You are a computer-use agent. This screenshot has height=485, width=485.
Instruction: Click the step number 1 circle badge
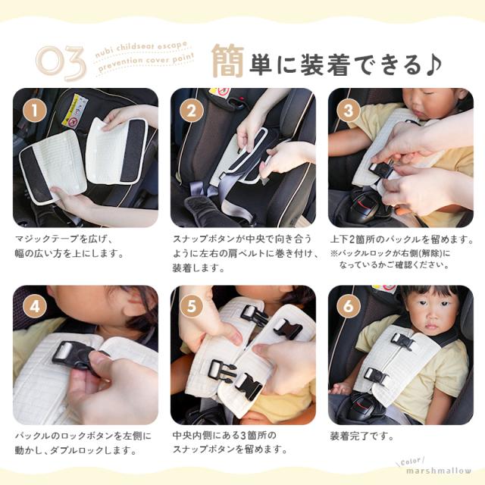point(35,111)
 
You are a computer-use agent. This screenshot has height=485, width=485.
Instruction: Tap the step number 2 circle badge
point(192,111)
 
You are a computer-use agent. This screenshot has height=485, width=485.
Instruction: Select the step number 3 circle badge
point(349,111)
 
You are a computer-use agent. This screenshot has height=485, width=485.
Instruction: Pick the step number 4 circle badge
point(35,306)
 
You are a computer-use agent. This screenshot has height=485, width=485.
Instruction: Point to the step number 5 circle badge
point(192,306)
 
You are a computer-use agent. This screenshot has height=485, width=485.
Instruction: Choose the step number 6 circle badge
point(349,306)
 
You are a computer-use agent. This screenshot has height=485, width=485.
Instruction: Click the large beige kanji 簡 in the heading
point(228,61)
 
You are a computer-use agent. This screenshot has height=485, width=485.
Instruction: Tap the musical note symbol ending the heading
point(433,65)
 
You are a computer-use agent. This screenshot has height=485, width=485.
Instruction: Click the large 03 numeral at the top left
point(61,63)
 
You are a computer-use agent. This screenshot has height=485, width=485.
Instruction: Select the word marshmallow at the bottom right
point(439,471)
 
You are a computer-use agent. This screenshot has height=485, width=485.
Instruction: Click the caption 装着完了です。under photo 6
point(362,436)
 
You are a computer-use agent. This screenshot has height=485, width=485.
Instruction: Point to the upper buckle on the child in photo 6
point(402,341)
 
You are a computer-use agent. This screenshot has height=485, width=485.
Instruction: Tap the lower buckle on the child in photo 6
point(376,377)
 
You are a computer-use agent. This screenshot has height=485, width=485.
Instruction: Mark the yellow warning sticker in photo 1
point(74,111)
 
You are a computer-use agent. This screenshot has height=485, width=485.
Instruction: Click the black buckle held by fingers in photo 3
point(381,170)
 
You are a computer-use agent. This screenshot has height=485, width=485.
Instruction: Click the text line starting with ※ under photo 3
point(390,254)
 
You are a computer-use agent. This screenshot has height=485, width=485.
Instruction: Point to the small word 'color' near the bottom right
point(411,462)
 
